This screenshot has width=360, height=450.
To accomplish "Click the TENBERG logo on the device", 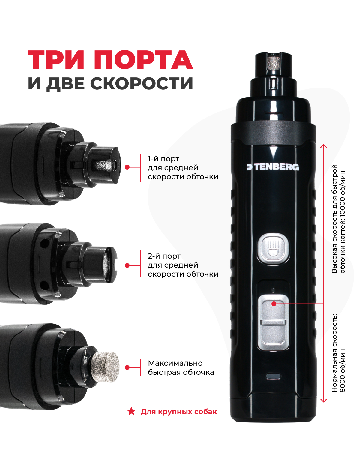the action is point(273,167).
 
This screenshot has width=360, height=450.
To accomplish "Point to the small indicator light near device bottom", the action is point(273,376).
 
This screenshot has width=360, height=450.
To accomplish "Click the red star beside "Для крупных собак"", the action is point(131,411).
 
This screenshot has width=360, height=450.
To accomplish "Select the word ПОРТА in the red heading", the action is point(143,60).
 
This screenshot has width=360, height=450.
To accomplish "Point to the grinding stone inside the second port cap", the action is point(109,264).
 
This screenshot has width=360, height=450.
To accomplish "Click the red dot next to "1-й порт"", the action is point(127,167).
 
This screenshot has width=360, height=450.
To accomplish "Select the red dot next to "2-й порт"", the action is point(127,265).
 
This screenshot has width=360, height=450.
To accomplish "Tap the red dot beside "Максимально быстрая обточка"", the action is point(127,367).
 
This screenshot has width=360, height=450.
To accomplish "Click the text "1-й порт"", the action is point(163,159).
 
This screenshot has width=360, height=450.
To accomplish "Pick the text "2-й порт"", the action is point(164,256).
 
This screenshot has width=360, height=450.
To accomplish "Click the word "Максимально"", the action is point(175,363).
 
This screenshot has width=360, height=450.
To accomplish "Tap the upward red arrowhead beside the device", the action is point(324,146).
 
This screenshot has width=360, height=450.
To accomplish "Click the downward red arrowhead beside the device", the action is point(324,400).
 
